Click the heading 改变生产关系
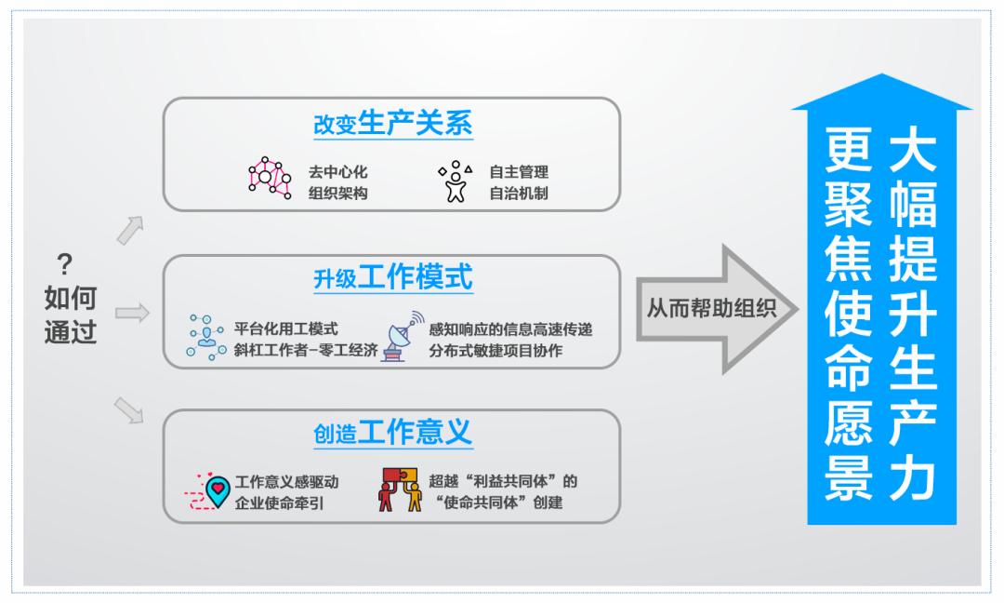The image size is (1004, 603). pos(392,123)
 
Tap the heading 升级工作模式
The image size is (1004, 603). pos(392,277)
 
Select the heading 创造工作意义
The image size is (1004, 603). pos(392,433)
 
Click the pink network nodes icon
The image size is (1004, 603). pos(270,178)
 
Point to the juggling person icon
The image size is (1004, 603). pos(456,181)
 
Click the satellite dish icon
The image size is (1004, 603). pos(403,337)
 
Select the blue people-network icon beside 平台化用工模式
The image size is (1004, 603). pos(205,337)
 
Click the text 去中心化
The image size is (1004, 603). pos(337,172)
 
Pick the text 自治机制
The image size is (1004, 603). pos(519,193)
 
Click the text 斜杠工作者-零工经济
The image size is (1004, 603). pos(306,351)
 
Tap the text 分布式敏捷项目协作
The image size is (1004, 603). pos(495,351)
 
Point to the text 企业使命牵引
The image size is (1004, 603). pos(279,503)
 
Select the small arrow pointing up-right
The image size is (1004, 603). pos(131,230)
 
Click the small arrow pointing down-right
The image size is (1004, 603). pos(128,410)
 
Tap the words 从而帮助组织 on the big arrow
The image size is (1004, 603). pos(711,308)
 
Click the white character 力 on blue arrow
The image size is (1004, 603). pos(913,477)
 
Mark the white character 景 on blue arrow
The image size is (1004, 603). pos(849,477)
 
